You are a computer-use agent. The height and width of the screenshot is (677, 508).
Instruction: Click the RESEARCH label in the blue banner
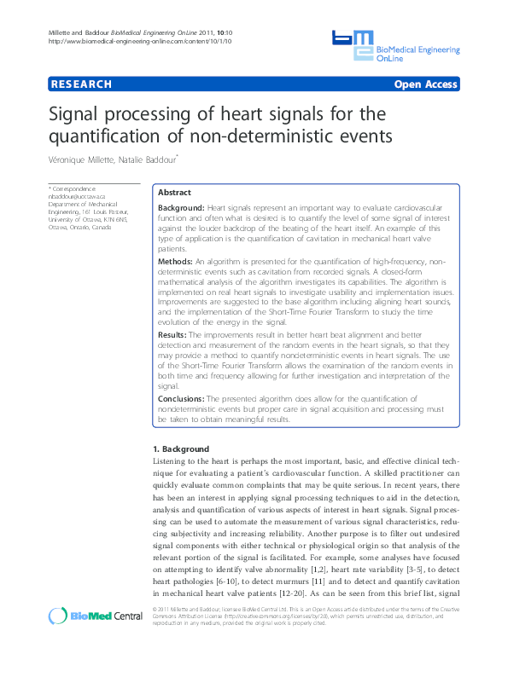pyautogui.click(x=82, y=84)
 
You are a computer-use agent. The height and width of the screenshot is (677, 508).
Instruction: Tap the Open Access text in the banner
pyautogui.click(x=425, y=84)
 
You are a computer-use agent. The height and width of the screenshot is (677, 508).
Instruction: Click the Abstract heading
pyautogui.click(x=175, y=193)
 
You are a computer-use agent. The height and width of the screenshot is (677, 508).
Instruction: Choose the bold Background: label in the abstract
pyautogui.click(x=181, y=207)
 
